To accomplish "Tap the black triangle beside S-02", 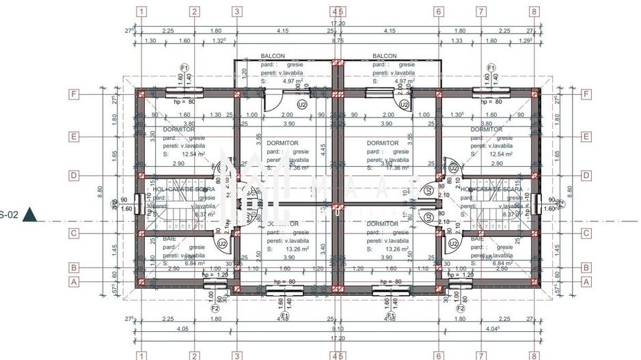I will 29,215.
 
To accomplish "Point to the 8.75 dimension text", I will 337,41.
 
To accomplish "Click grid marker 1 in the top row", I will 141,12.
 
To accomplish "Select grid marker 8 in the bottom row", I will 534,355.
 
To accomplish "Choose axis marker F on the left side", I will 74,95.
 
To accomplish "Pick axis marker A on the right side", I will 586,281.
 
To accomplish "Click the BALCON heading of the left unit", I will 273,56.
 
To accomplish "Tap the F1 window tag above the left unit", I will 184,68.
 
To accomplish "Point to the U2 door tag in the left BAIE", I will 222,243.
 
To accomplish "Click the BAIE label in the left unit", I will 169,238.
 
